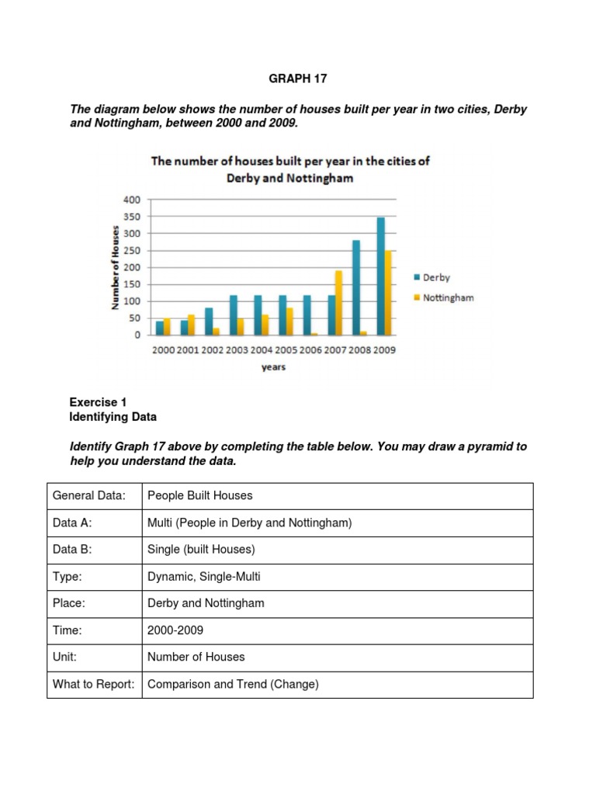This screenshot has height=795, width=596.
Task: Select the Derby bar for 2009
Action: (380, 276)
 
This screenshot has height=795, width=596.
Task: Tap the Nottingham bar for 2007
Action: (339, 303)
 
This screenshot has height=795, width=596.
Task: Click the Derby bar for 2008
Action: (356, 288)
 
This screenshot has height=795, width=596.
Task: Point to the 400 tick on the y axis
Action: (132, 200)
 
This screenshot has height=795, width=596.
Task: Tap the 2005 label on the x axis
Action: (286, 350)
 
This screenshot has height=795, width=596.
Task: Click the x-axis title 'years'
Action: (272, 367)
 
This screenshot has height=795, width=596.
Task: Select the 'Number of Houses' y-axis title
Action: (116, 267)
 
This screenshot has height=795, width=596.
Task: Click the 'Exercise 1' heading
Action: (98, 402)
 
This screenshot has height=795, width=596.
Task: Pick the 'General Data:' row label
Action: (83, 496)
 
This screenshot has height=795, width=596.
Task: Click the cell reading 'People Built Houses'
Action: (200, 496)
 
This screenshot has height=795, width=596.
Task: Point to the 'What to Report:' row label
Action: (94, 684)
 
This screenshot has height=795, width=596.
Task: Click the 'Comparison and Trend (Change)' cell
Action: (233, 684)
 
